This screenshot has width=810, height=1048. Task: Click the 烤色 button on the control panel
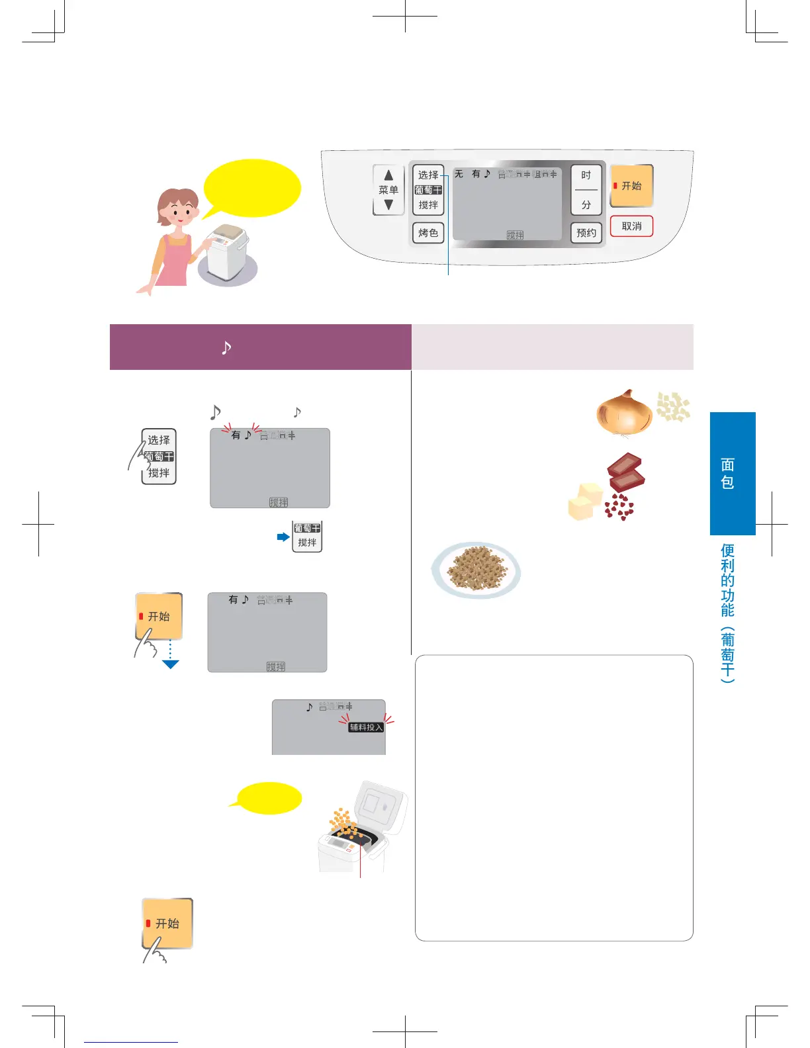428,233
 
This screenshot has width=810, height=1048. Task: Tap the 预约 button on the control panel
586,233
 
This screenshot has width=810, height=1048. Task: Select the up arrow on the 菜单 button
388,175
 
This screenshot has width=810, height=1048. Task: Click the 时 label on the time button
586,175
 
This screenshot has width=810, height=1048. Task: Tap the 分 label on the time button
586,205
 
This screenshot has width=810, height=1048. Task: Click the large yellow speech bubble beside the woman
252,188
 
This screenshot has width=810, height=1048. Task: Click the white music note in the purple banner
226,347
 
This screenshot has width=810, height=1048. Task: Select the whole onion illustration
623,413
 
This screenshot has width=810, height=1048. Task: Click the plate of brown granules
476,569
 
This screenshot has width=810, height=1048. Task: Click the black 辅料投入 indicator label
366,727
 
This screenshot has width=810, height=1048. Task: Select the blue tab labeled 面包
733,473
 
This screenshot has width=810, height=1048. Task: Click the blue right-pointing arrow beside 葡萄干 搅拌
283,537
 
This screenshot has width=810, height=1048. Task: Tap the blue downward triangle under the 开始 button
171,664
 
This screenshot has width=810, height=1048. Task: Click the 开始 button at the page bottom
167,923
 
